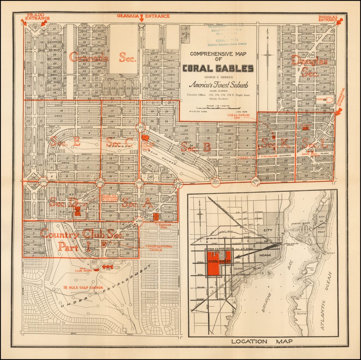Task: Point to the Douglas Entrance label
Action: tap(328, 18)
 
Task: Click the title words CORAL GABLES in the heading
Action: tap(218, 68)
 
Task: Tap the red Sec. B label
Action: tap(196, 147)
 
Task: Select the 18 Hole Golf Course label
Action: tap(84, 287)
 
